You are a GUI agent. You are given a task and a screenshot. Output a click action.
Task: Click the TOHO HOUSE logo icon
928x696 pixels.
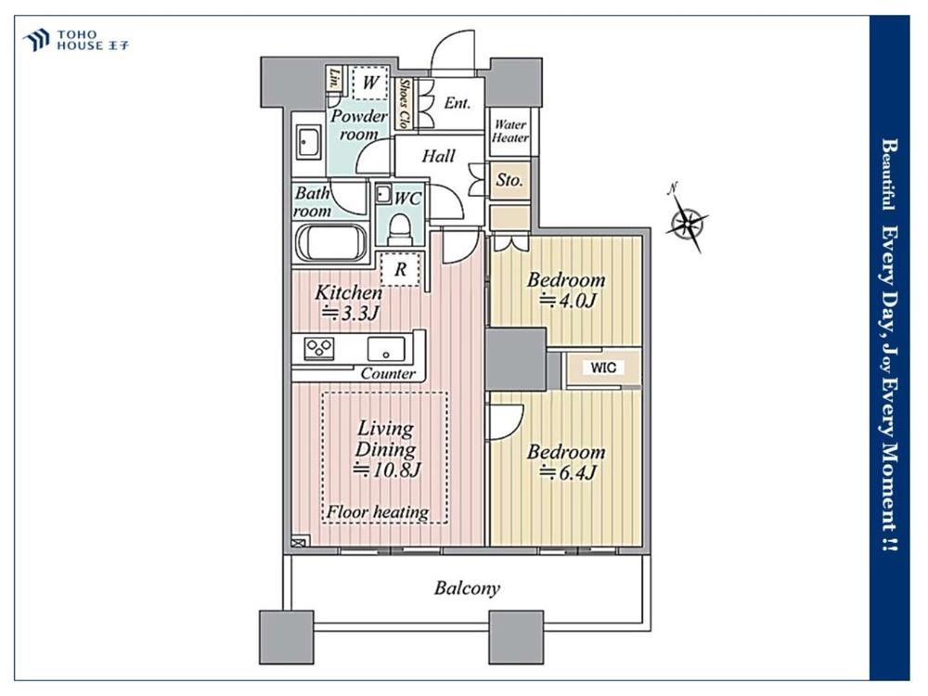click(x=35, y=40)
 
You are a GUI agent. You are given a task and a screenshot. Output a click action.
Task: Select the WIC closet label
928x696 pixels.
click(x=603, y=367)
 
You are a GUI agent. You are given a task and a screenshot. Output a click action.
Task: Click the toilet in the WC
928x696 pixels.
click(x=400, y=228)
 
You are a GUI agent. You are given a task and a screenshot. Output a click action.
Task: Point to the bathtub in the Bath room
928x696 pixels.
click(x=331, y=242)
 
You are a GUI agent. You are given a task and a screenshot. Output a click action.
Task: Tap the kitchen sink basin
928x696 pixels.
click(x=386, y=348)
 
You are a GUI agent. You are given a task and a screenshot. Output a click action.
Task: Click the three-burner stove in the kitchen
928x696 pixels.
click(x=319, y=348)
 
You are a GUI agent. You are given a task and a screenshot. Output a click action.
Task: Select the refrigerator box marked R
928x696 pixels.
click(x=401, y=269)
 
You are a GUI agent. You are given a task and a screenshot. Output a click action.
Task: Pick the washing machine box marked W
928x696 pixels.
click(x=370, y=83)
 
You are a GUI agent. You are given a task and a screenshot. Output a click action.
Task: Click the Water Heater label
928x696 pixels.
click(x=510, y=132)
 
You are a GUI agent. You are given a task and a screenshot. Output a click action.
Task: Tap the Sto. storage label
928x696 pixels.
click(x=509, y=180)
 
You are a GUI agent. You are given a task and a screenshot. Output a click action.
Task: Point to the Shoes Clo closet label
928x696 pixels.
click(x=405, y=104)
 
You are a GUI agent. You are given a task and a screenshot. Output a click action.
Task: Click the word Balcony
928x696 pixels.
click(x=467, y=588)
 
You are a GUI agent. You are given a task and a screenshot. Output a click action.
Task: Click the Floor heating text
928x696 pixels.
click(x=378, y=512)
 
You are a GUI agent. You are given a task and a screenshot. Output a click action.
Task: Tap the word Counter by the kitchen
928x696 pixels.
click(x=388, y=374)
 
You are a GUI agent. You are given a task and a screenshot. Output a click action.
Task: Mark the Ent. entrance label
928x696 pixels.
click(x=458, y=104)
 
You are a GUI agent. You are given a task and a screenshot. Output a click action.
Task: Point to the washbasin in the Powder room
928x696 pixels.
click(x=308, y=143)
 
